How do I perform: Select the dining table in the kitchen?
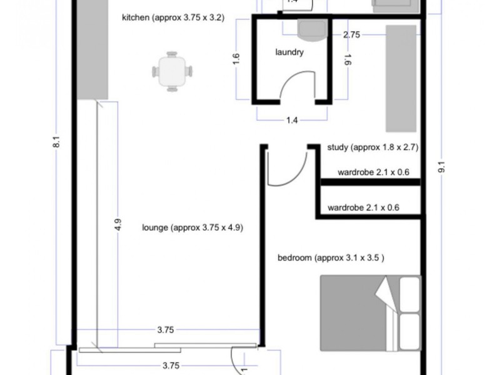point(172,71)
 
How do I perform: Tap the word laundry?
point(289,52)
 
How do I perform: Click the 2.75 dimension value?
point(351,35)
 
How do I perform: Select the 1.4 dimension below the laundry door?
point(292,121)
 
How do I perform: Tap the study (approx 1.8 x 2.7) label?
point(372,148)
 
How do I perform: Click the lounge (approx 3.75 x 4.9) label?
point(192,228)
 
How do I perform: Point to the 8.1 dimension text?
point(57,143)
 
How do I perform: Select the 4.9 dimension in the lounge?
point(118,224)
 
